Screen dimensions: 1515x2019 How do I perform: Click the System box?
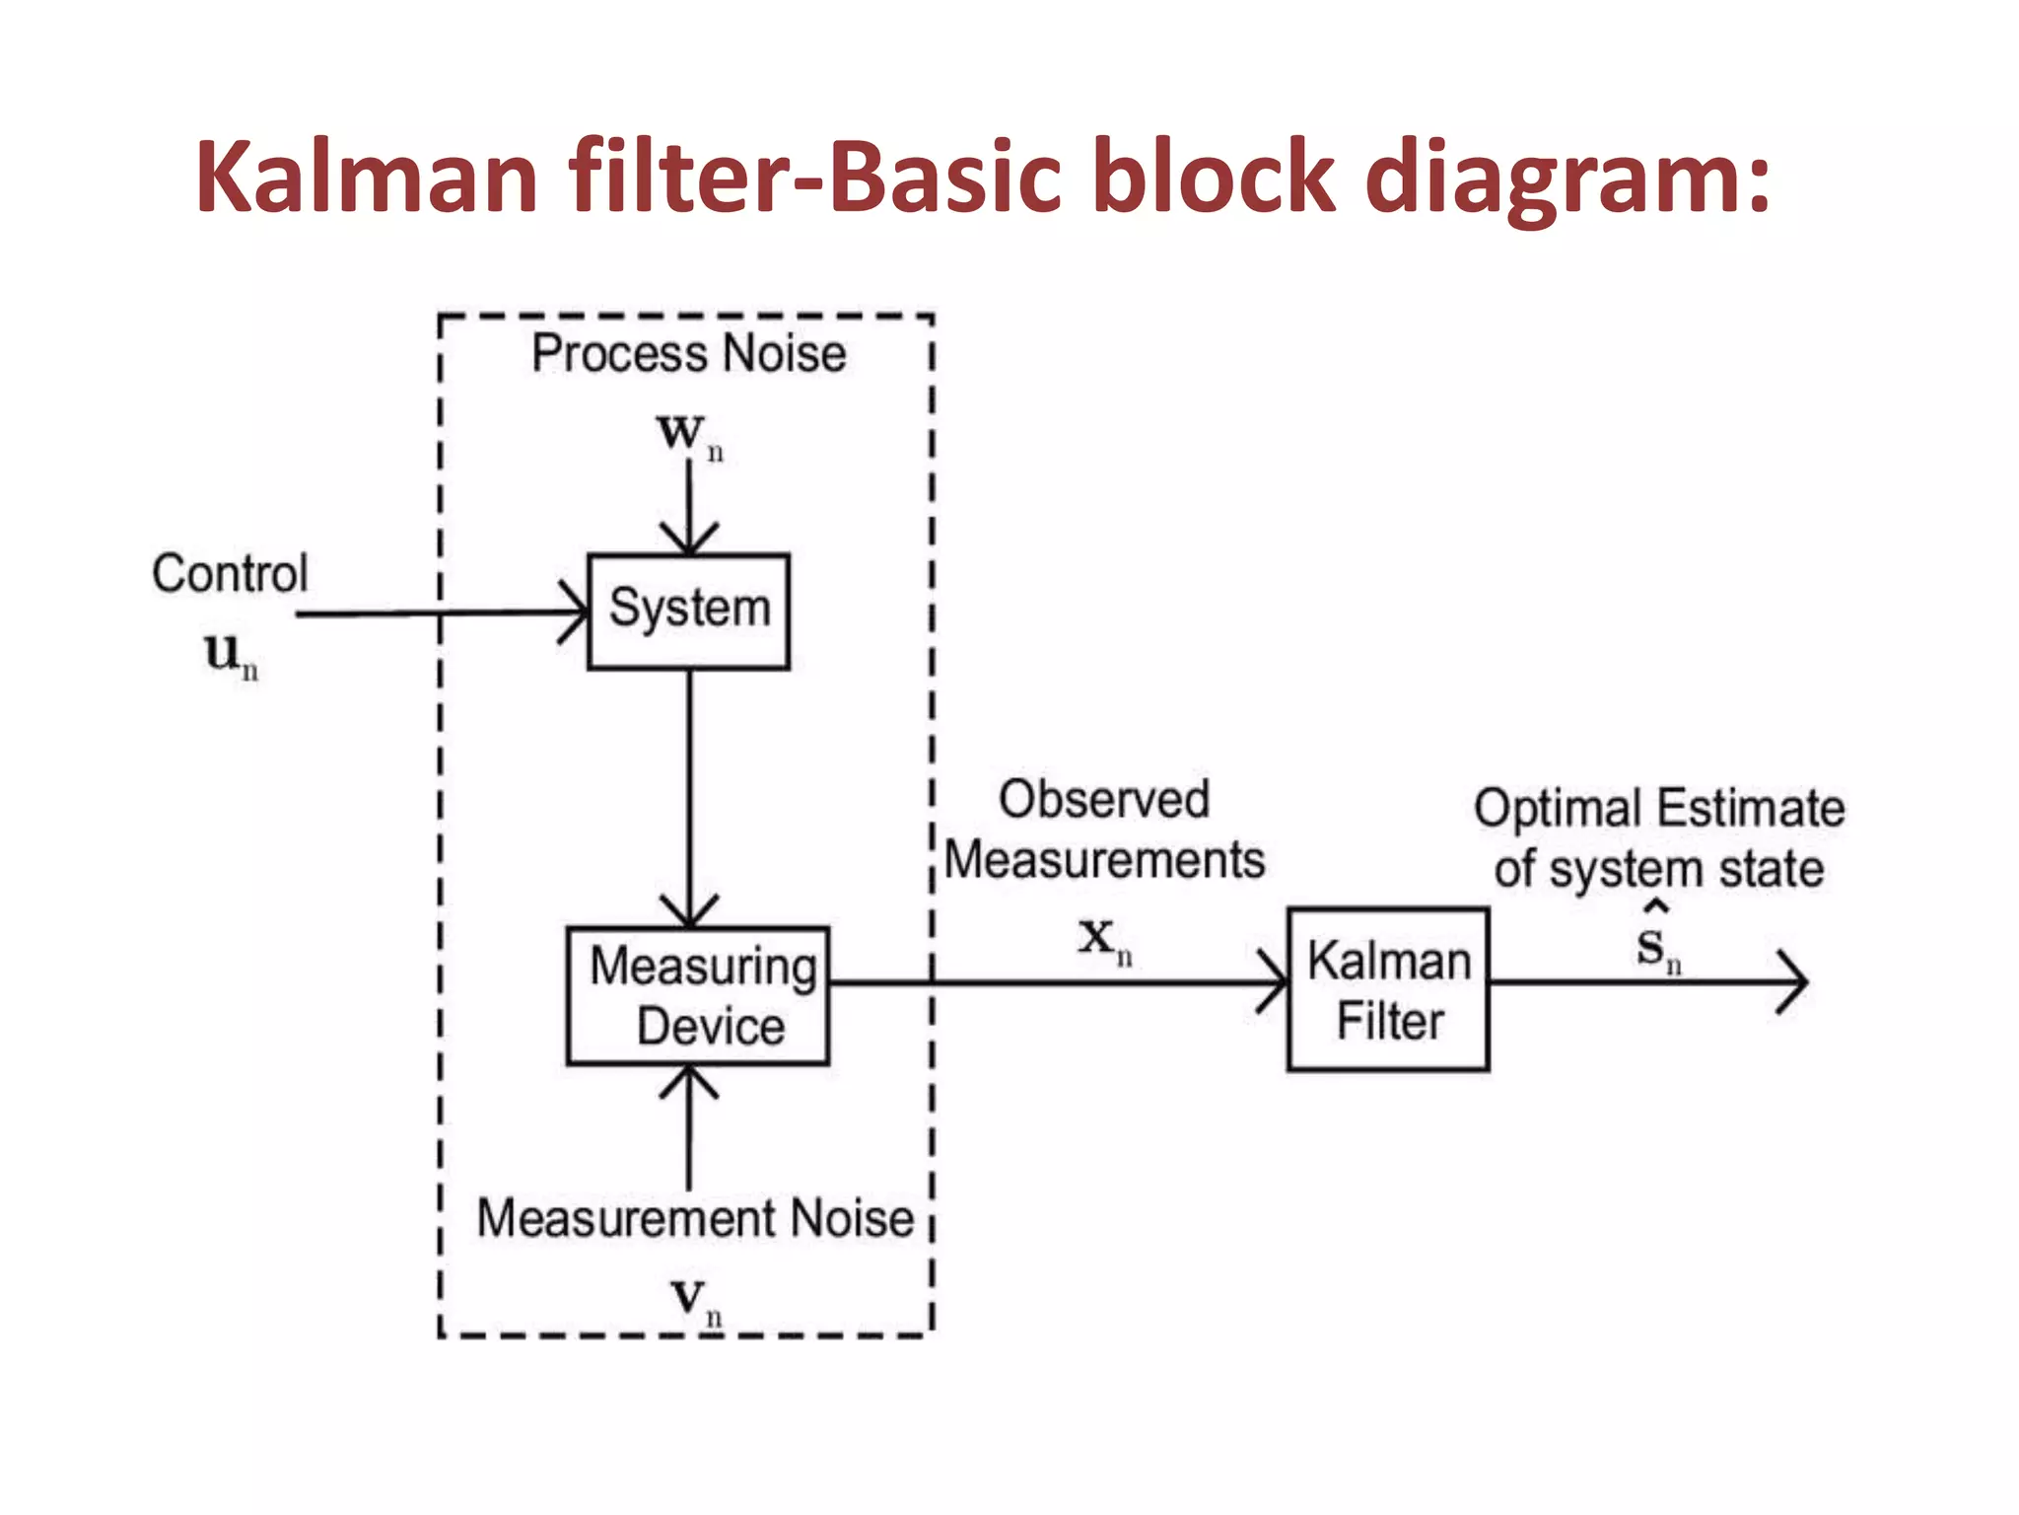pos(688,612)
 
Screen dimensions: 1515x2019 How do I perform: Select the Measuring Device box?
pos(698,995)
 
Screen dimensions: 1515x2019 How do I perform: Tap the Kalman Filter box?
pos(1388,989)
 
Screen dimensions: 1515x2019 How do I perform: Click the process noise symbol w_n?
pos(688,434)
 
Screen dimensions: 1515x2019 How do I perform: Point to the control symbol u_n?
pos(230,654)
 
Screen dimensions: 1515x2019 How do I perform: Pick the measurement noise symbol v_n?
pos(694,1300)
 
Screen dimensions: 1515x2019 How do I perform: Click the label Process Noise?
pos(688,353)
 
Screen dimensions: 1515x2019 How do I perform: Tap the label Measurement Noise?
pos(695,1218)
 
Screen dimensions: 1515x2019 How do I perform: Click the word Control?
pos(230,573)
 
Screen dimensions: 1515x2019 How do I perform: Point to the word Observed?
pos(1103,799)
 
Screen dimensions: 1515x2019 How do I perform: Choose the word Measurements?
pos(1104,859)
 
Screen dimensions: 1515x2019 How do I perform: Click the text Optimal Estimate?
pos(1658,809)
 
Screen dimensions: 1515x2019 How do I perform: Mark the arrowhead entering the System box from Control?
pos(578,613)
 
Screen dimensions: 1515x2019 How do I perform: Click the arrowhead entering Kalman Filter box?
pos(1277,982)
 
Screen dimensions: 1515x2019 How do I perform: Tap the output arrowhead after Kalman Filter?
pos(1796,981)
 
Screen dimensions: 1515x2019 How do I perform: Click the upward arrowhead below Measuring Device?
pos(688,1079)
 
